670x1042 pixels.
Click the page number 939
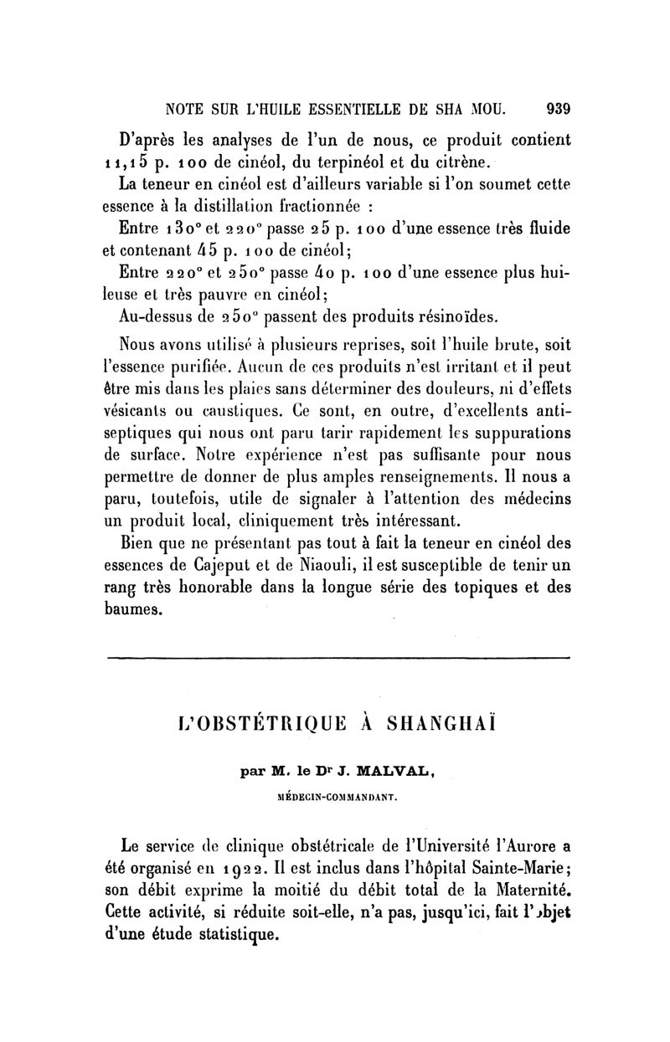coord(557,108)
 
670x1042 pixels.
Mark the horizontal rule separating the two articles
coord(338,659)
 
